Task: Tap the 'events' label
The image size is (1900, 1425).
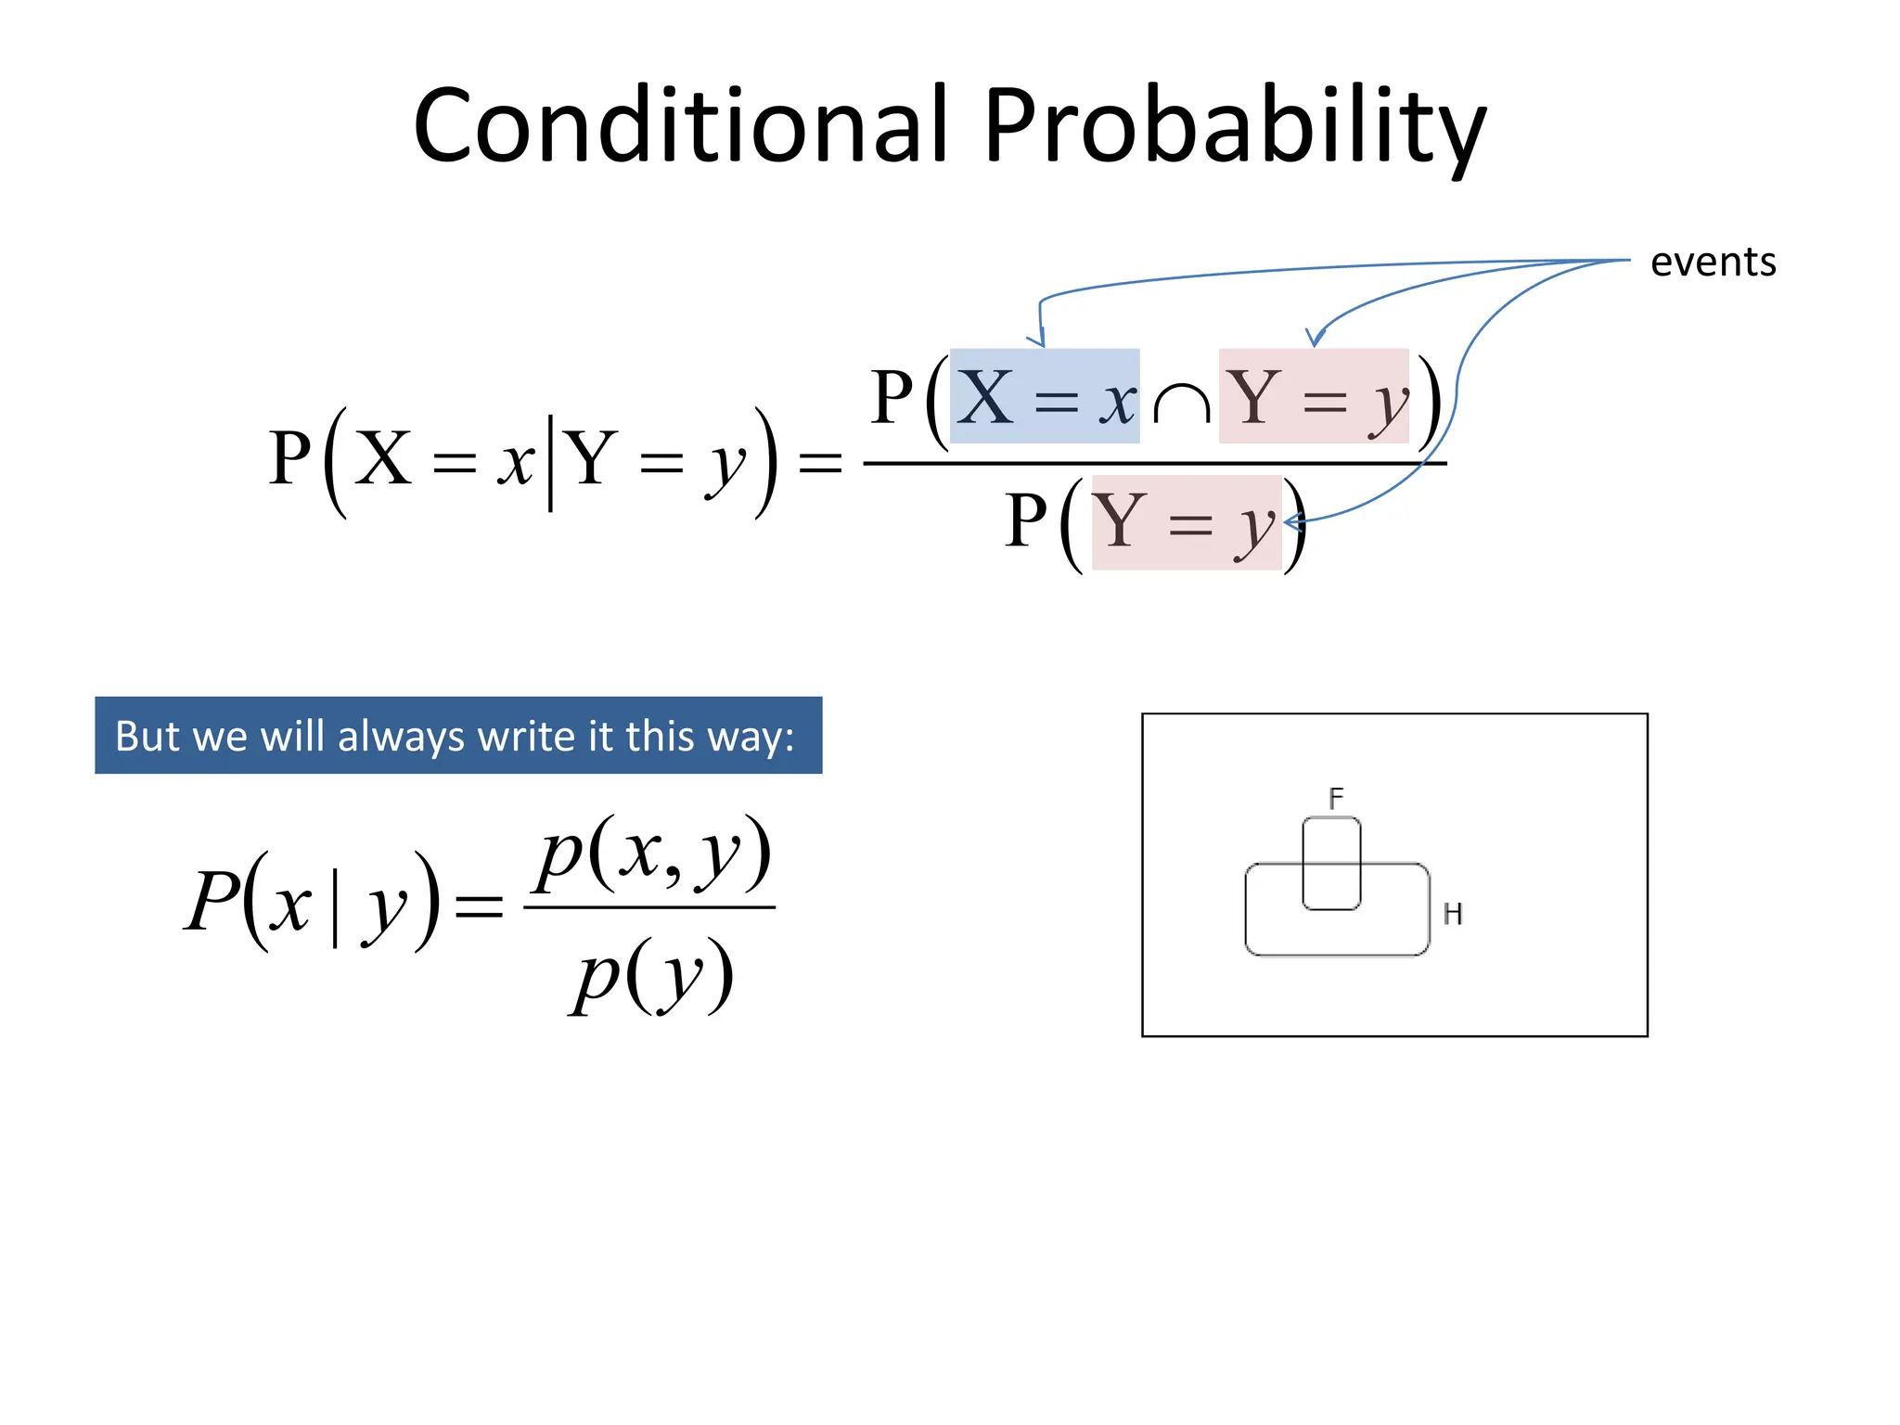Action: coord(1713,262)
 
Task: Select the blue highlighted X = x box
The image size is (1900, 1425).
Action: coord(1045,396)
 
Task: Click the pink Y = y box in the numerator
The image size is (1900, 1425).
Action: coord(1314,396)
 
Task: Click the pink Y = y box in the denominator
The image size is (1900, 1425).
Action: coord(1186,522)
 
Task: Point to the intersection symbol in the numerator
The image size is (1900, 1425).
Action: coord(1181,404)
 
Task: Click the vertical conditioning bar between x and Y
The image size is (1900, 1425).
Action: coord(551,462)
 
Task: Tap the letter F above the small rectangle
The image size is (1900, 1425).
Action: coord(1335,798)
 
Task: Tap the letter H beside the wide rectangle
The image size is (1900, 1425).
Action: coord(1452,914)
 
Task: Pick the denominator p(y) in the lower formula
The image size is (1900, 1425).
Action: coord(652,976)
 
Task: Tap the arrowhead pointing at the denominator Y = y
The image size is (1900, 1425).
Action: coord(1292,523)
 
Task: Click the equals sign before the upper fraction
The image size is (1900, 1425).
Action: coord(820,462)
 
